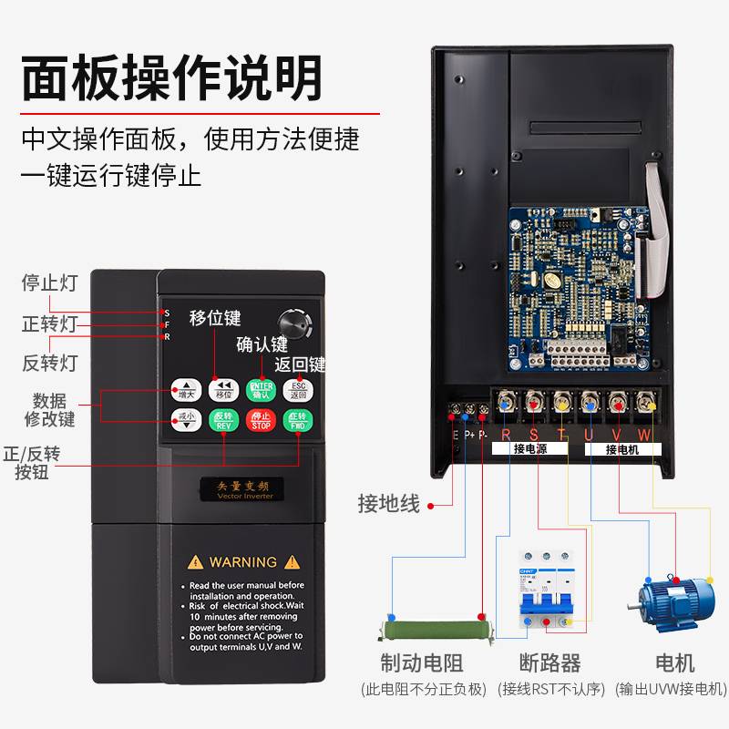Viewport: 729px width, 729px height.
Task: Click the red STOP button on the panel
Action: click(x=261, y=421)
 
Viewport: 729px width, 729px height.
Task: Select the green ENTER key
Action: click(x=261, y=390)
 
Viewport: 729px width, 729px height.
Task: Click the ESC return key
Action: click(x=298, y=390)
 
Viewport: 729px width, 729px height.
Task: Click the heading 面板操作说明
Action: click(x=172, y=77)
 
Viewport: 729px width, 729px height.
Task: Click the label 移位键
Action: click(x=215, y=318)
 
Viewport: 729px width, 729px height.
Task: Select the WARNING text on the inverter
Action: click(x=242, y=562)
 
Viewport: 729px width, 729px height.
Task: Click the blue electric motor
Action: click(x=675, y=605)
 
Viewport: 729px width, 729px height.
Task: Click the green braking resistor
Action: click(x=430, y=630)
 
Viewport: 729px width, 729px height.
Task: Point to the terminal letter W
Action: click(x=644, y=435)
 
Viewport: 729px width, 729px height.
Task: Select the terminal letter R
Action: click(x=506, y=435)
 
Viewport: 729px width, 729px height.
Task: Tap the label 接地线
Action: click(x=389, y=504)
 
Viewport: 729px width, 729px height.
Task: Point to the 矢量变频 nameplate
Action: click(x=241, y=487)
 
